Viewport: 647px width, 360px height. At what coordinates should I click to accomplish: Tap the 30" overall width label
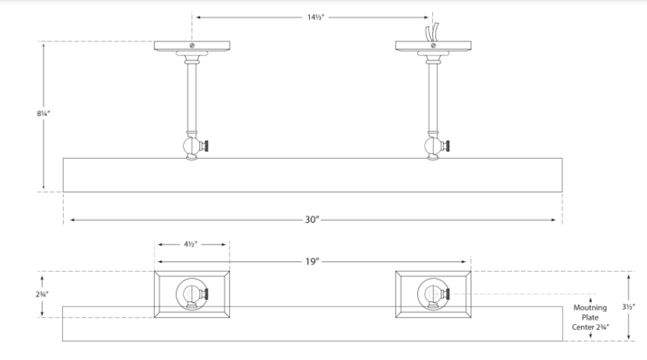pos(312,219)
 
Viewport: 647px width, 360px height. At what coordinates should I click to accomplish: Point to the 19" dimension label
pos(312,261)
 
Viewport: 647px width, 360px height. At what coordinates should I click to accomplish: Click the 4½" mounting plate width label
pos(191,244)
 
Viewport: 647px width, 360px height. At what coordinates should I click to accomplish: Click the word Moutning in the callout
pos(590,307)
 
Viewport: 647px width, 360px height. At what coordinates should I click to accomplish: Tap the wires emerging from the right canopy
pos(430,33)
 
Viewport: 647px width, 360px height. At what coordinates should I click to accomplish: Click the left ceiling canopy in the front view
pos(191,46)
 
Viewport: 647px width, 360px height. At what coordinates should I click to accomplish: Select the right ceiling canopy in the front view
pos(431,46)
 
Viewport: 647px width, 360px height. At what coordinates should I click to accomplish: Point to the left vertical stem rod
pos(191,96)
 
